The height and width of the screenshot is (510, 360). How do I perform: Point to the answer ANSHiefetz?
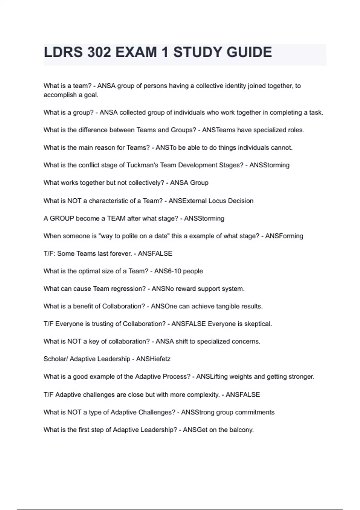coord(153,359)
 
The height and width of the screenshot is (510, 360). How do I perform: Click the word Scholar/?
coord(55,359)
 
